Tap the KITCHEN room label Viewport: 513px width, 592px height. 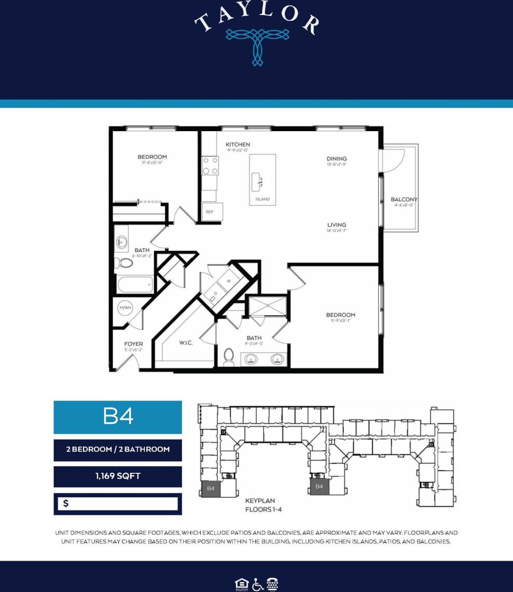coord(238,145)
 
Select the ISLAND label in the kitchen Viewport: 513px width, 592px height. coord(262,199)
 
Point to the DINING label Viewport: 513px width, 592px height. coord(337,159)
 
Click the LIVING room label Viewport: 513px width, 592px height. coord(337,225)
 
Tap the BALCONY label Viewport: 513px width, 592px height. coord(404,200)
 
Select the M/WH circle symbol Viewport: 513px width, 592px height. coord(126,308)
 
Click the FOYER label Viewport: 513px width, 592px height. coord(133,344)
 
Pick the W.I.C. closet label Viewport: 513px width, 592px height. coord(186,343)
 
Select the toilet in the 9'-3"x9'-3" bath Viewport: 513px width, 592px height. coord(229,357)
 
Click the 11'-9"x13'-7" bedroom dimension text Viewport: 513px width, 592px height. coord(341,321)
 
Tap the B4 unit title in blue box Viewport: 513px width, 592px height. coord(118,417)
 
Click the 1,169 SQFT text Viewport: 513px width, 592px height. coord(118,476)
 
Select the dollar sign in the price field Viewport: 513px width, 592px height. coord(66,503)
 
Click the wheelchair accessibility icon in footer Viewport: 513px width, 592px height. coord(256,584)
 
